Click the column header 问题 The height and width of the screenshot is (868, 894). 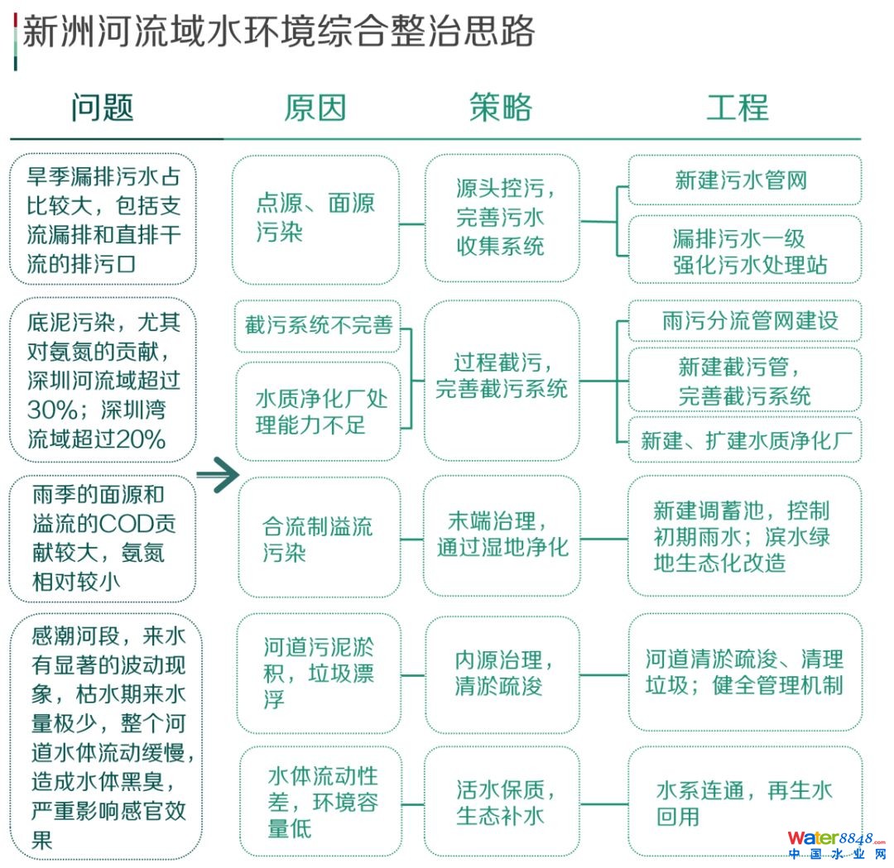point(103,108)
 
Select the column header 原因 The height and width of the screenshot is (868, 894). point(315,108)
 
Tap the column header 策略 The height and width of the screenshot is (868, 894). point(500,108)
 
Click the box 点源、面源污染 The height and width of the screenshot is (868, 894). point(315,219)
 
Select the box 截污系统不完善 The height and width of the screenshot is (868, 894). point(318,325)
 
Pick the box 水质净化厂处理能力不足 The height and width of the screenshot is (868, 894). point(318,411)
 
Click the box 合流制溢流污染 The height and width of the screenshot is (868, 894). point(318,538)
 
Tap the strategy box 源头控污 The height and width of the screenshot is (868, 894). point(502,219)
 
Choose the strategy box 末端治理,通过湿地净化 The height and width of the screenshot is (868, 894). point(502,535)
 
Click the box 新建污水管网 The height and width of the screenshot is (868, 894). point(743,180)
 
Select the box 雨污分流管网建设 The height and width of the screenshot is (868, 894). point(743,321)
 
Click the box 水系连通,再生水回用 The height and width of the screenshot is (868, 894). point(743,801)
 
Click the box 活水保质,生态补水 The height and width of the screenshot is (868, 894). point(502,801)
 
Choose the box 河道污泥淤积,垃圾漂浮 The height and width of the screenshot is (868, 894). point(318,673)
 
